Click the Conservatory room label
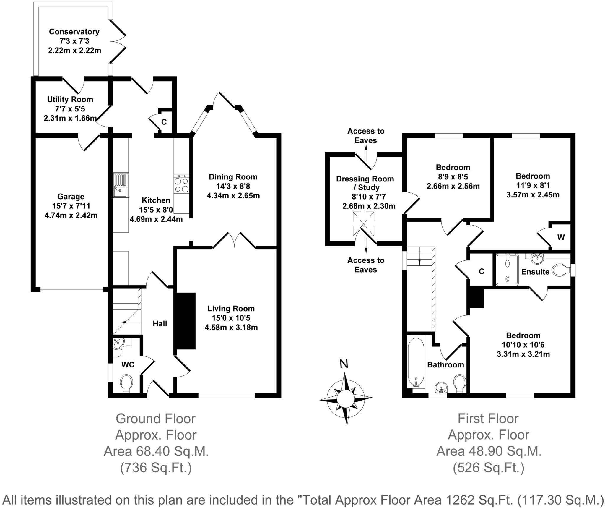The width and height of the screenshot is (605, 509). coord(74,32)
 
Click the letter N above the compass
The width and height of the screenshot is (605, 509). coord(344,364)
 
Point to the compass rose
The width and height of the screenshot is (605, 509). coord(345,398)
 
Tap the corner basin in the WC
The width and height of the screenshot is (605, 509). coord(119,344)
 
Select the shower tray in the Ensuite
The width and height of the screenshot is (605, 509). coord(507,269)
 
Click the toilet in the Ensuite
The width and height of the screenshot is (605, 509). coord(560,270)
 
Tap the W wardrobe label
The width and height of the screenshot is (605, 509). coord(561,237)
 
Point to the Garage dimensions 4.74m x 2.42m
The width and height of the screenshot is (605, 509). coord(71,215)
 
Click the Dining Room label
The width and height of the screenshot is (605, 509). coord(233,177)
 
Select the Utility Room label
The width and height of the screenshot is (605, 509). coord(70,99)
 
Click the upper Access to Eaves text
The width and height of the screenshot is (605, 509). coord(366,136)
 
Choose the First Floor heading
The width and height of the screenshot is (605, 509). coord(488,419)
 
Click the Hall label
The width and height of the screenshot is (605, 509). coord(160,324)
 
